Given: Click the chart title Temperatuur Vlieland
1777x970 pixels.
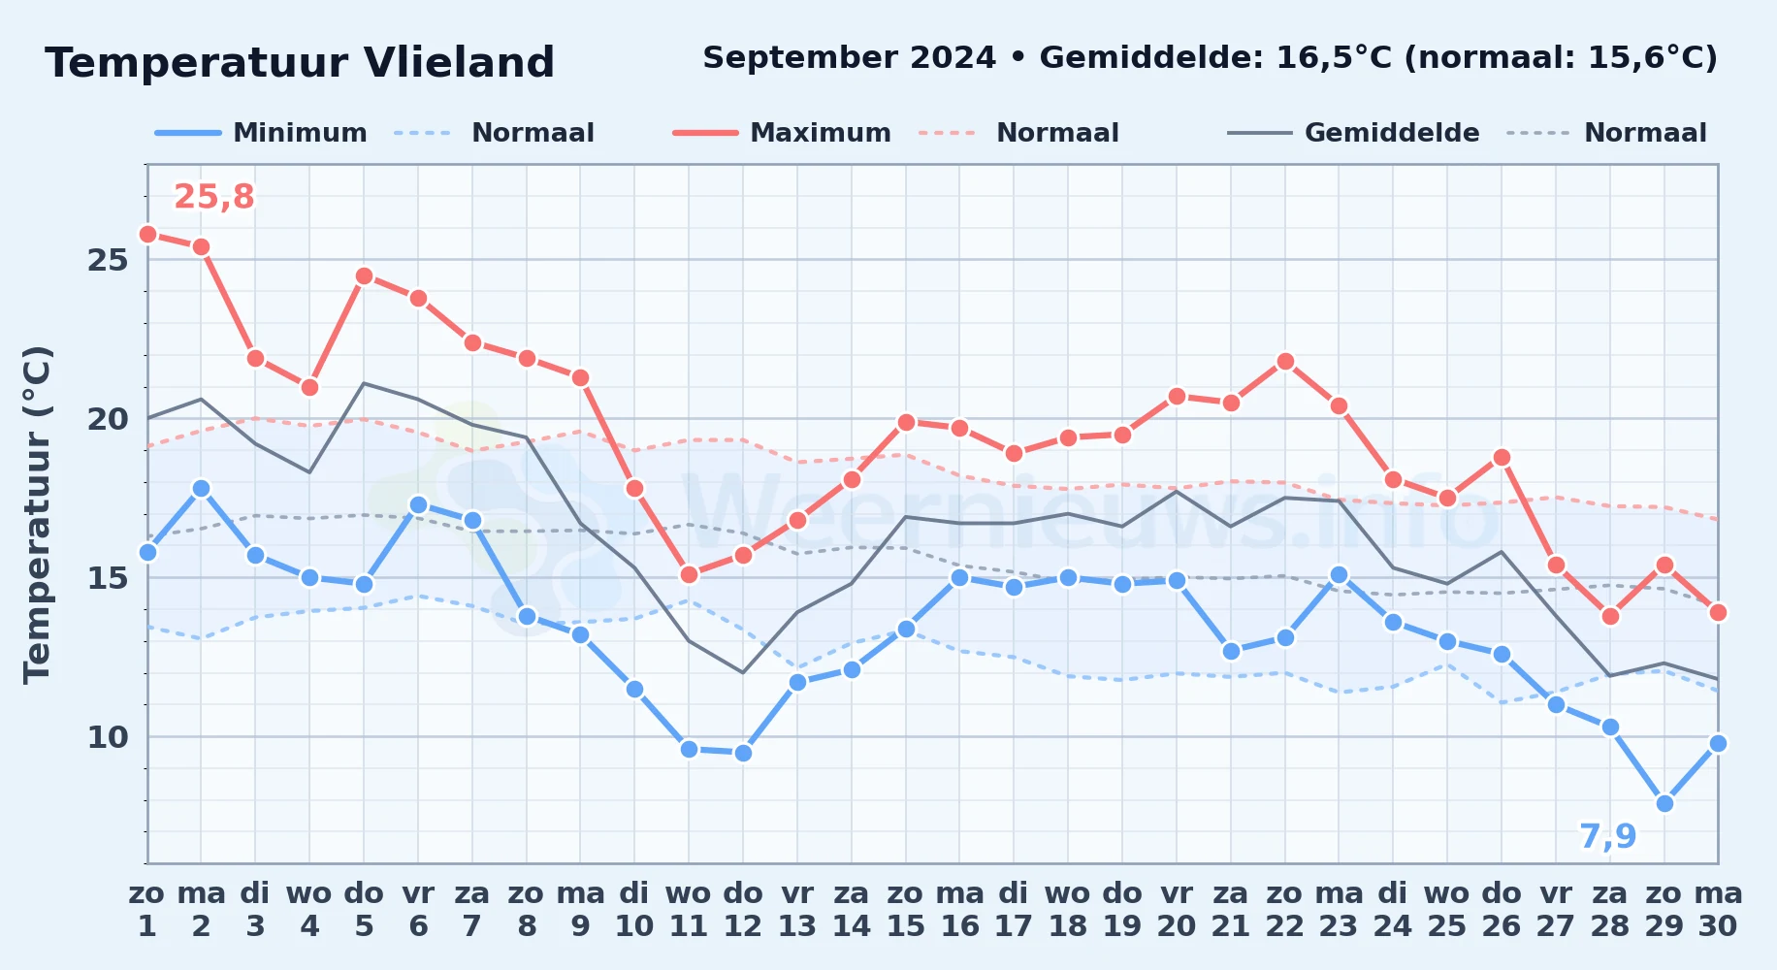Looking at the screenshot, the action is click(x=300, y=63).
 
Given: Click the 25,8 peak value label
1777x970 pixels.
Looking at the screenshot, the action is click(x=213, y=197).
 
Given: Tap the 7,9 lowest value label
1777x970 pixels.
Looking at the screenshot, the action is click(x=1607, y=836).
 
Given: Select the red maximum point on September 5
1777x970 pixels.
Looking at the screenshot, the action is click(x=364, y=276).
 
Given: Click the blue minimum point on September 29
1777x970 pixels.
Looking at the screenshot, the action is click(x=1664, y=803).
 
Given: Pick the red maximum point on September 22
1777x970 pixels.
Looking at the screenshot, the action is click(x=1285, y=362).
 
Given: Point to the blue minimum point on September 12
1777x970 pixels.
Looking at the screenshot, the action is click(x=743, y=753).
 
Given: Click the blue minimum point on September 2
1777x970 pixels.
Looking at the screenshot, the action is click(x=201, y=488).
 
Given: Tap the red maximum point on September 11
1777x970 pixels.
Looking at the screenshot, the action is click(x=689, y=575).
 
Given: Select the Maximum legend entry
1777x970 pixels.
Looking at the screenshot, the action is click(x=782, y=133).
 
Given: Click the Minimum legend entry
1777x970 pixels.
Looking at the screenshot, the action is click(x=261, y=133).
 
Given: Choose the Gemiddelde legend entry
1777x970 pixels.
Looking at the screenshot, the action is click(x=1353, y=133).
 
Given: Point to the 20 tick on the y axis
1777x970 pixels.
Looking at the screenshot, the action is click(x=108, y=419).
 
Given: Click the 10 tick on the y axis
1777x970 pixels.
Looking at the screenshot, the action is click(x=108, y=737).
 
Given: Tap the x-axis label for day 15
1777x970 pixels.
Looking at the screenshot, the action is click(x=906, y=910).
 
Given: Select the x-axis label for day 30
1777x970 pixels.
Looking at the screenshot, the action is click(x=1718, y=910).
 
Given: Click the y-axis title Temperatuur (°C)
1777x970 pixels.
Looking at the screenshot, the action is click(x=37, y=514).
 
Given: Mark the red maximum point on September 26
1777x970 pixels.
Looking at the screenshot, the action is click(x=1502, y=457).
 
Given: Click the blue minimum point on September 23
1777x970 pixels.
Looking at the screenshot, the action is click(x=1339, y=574).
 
